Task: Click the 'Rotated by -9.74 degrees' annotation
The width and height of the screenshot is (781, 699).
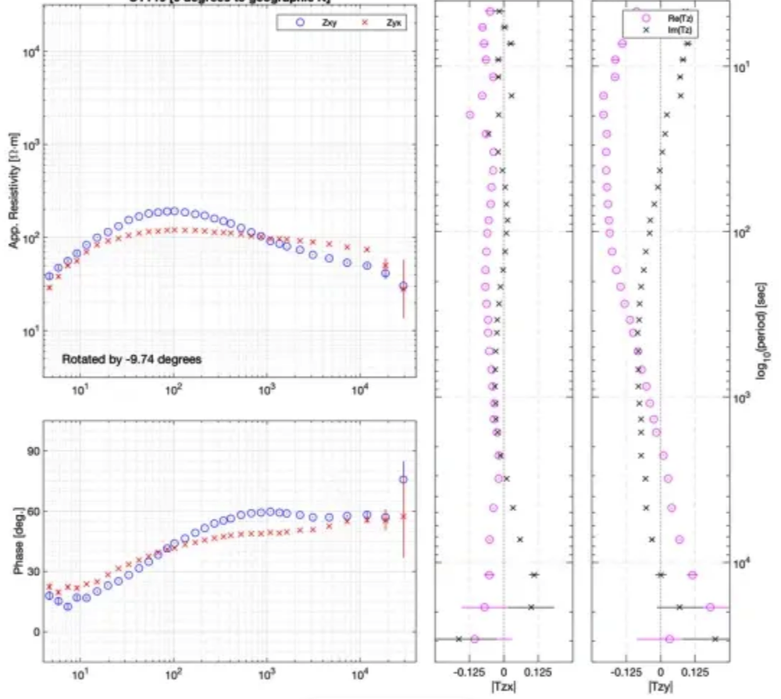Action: click(132, 360)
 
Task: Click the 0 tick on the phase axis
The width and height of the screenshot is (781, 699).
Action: click(33, 632)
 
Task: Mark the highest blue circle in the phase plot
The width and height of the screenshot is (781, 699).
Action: click(404, 480)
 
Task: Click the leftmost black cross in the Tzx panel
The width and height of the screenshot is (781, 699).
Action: click(459, 639)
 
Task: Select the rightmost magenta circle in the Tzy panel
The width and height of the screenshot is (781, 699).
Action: click(710, 607)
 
